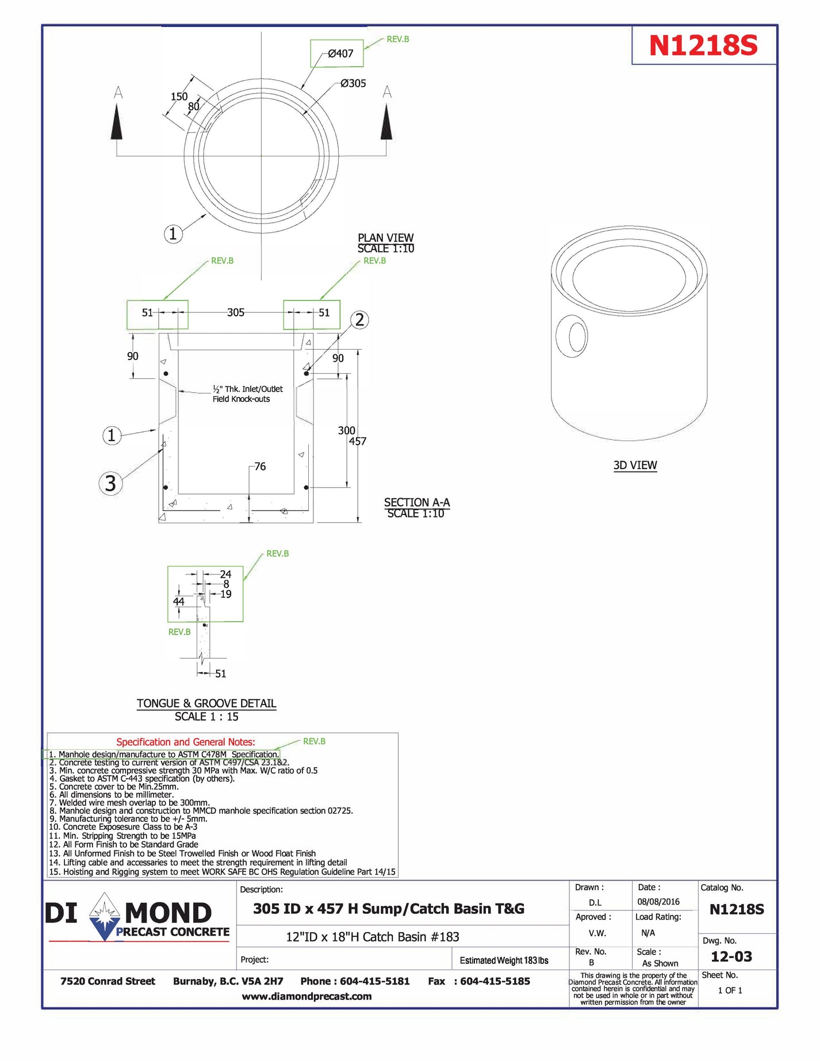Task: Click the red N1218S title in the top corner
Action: [703, 45]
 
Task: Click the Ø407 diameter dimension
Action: [340, 53]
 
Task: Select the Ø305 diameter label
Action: [353, 83]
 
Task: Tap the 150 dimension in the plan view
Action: [179, 97]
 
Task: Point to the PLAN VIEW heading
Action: [385, 238]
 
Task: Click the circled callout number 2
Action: [359, 320]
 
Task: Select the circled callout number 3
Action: [110, 483]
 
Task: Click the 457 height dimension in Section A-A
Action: [358, 442]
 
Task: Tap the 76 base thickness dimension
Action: [260, 466]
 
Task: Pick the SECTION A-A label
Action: [416, 502]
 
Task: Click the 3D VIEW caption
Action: [635, 465]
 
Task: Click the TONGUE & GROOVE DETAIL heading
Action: [206, 703]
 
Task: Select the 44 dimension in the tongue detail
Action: [179, 602]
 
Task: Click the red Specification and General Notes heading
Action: [185, 742]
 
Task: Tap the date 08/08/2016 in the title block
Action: [658, 902]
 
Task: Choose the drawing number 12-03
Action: [731, 956]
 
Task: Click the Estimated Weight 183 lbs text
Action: [504, 960]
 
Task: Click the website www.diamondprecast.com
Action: [306, 996]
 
